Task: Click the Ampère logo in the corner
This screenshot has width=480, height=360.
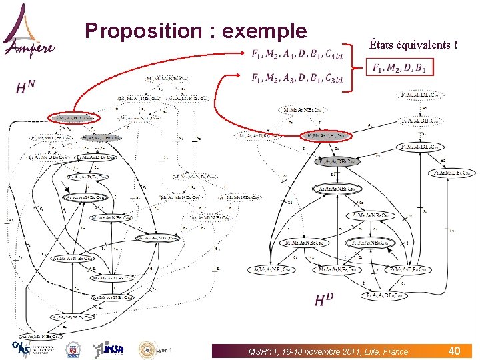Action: (x=29, y=31)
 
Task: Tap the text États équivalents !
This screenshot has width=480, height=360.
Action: (x=413, y=45)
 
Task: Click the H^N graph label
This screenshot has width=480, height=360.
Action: (x=25, y=87)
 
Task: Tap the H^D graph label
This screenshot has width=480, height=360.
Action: (x=324, y=301)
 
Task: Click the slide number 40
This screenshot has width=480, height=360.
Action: (x=454, y=350)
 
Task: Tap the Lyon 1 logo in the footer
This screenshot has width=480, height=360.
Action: (x=155, y=349)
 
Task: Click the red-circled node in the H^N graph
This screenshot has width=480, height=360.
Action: (x=73, y=117)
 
